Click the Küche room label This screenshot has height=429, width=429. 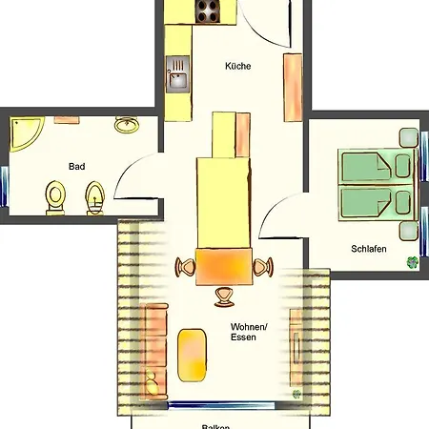[237, 67]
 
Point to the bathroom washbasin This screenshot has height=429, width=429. [125, 125]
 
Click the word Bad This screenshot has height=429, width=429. [76, 166]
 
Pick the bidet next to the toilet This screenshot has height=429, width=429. [94, 199]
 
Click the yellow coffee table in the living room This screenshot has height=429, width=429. [192, 354]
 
